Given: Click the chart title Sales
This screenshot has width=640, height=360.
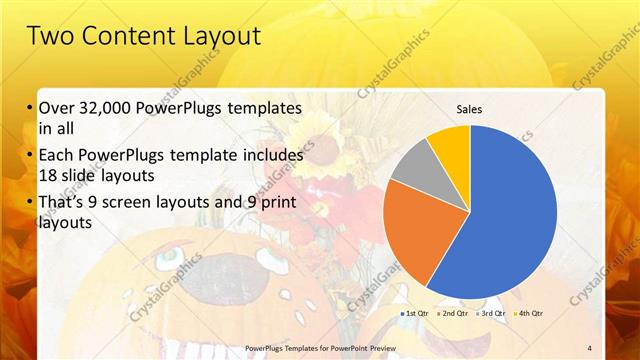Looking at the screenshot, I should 470,109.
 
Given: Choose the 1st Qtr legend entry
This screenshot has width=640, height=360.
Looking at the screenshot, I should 415,313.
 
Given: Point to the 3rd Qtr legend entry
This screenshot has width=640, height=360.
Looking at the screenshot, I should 492,313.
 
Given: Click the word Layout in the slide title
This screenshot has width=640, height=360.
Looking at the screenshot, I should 221,37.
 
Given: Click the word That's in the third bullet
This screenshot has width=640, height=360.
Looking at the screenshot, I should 63,204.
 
